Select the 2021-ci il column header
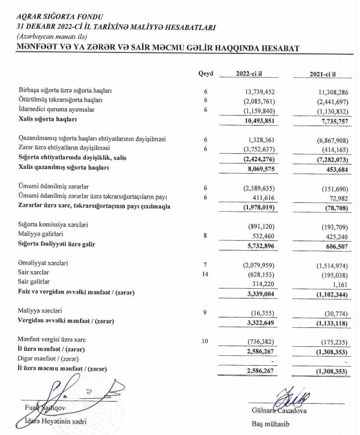[x=323, y=74]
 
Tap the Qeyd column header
[x=206, y=74]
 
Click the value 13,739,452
[x=254, y=92]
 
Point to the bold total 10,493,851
[x=254, y=120]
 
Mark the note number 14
[x=205, y=273]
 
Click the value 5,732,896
[x=256, y=245]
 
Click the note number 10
[x=205, y=341]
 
